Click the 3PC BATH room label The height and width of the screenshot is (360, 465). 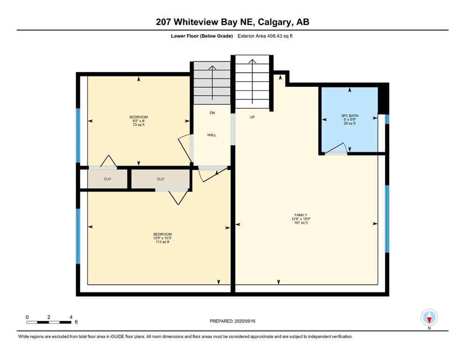(x=349, y=115)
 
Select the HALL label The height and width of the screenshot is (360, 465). (x=212, y=135)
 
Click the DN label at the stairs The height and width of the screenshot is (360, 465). (x=212, y=113)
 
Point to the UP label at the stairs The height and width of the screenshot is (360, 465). (x=252, y=117)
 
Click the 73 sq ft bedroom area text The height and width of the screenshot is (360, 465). (x=139, y=125)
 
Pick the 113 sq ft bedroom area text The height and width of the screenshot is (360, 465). (x=162, y=242)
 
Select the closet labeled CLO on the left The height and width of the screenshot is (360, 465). (x=107, y=179)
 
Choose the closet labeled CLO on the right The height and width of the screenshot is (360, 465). (x=160, y=179)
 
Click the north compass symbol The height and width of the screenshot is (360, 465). (x=429, y=318)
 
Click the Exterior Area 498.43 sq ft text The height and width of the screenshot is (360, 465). (x=266, y=36)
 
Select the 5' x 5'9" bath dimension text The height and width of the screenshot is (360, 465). (x=349, y=119)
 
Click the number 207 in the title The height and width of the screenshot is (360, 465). (x=165, y=22)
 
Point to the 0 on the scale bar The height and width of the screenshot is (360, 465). (x=27, y=317)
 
